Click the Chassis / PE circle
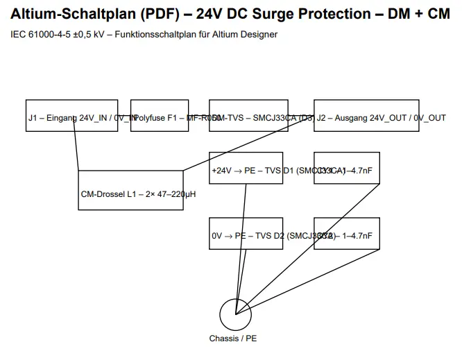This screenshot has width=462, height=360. pos(236,315)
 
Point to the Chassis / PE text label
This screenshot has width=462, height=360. pos(233,339)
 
